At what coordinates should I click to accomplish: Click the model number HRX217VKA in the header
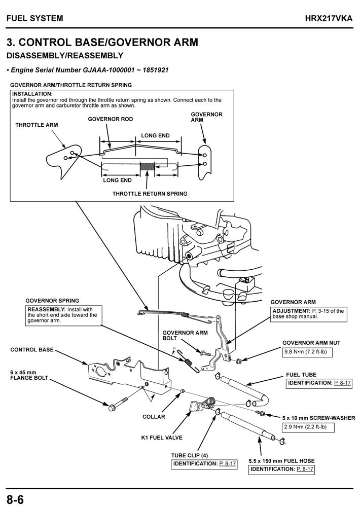click(x=329, y=18)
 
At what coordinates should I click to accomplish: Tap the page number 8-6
click(x=15, y=498)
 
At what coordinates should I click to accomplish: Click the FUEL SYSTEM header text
click(x=35, y=18)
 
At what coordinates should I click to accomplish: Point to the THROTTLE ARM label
click(x=37, y=124)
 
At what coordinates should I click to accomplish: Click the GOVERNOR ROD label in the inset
click(x=111, y=119)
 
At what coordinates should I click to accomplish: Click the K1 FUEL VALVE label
click(x=162, y=437)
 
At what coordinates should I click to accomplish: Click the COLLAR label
click(x=154, y=416)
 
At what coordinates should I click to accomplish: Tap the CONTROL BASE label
click(x=31, y=349)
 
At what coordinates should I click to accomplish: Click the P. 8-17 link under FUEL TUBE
click(x=343, y=383)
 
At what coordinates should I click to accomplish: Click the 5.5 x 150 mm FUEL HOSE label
click(x=281, y=461)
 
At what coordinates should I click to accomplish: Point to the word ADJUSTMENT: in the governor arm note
click(x=291, y=311)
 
